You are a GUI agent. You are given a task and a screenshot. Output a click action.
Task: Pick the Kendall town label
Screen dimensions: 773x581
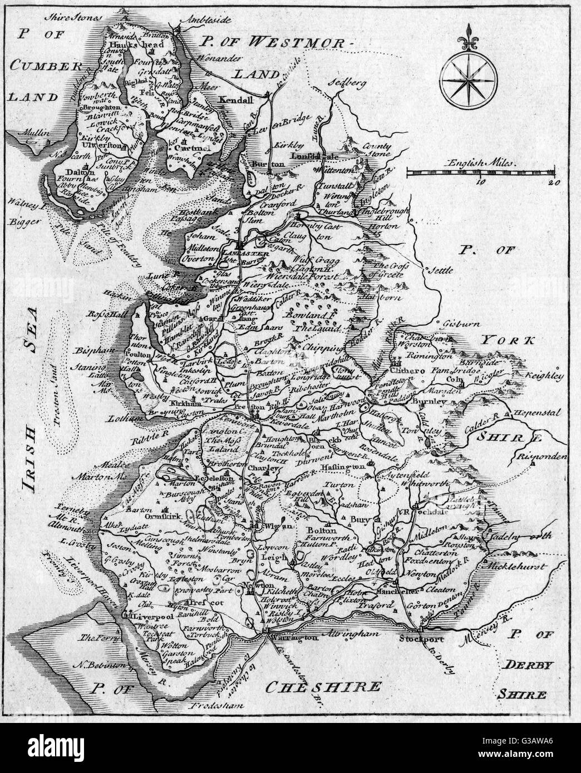(237, 100)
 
